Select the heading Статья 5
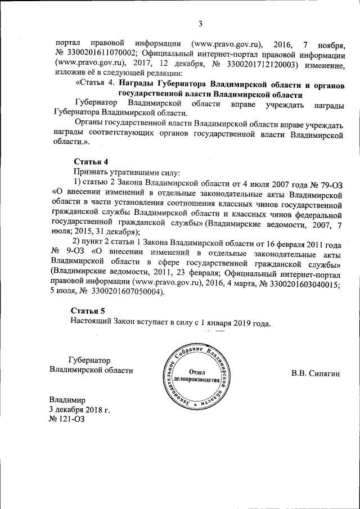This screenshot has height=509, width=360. pos(88,311)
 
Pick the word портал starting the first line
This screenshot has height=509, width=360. pos(68,43)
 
